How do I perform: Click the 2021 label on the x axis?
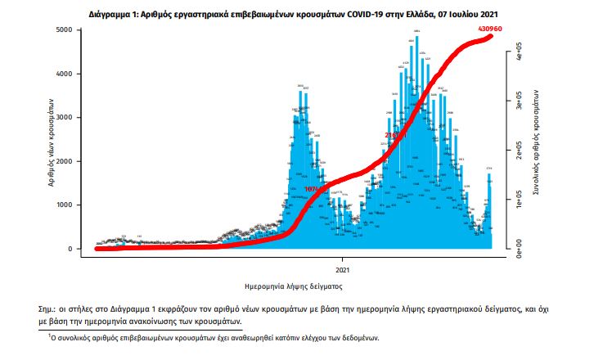pyautogui.click(x=343, y=269)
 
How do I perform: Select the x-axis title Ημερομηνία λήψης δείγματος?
pyautogui.click(x=293, y=287)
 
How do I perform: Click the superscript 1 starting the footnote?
pyautogui.click(x=49, y=335)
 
